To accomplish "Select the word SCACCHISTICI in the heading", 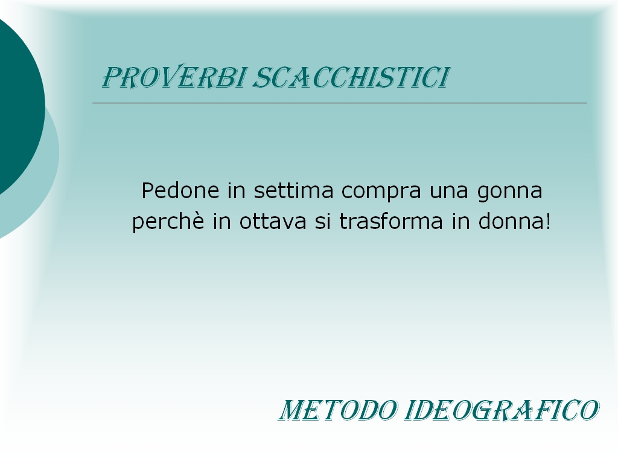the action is coord(351,77).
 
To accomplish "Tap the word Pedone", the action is coord(180,190).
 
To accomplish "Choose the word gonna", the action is coord(509,193).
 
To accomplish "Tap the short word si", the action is coord(323,221).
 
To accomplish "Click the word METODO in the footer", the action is coord(339,410).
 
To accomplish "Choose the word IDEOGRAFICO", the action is coord(502,410).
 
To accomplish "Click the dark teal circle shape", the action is coord(20,106).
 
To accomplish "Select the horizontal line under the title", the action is coord(340,103).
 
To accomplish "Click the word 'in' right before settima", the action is coord(237,190).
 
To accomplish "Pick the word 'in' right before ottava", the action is coord(222,221).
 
